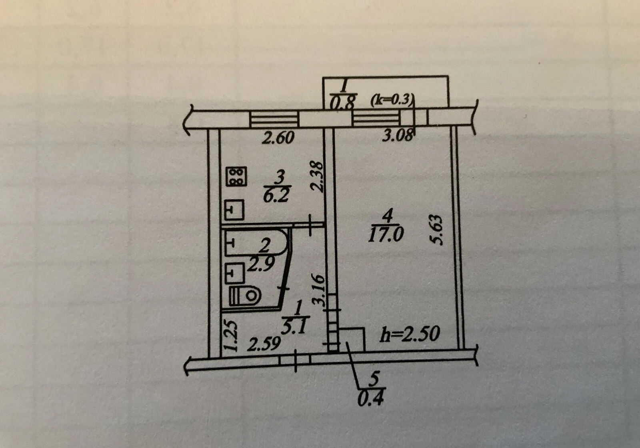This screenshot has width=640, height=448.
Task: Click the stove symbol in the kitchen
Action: coord(236,177)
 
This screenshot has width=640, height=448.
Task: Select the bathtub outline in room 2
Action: coord(256,242)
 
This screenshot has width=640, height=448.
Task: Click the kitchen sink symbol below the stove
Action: coord(234,210)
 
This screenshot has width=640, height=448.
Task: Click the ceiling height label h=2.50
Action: coord(410,334)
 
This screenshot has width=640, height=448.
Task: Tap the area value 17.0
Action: coord(386,235)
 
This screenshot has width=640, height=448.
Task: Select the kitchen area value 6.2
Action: coord(276,196)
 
